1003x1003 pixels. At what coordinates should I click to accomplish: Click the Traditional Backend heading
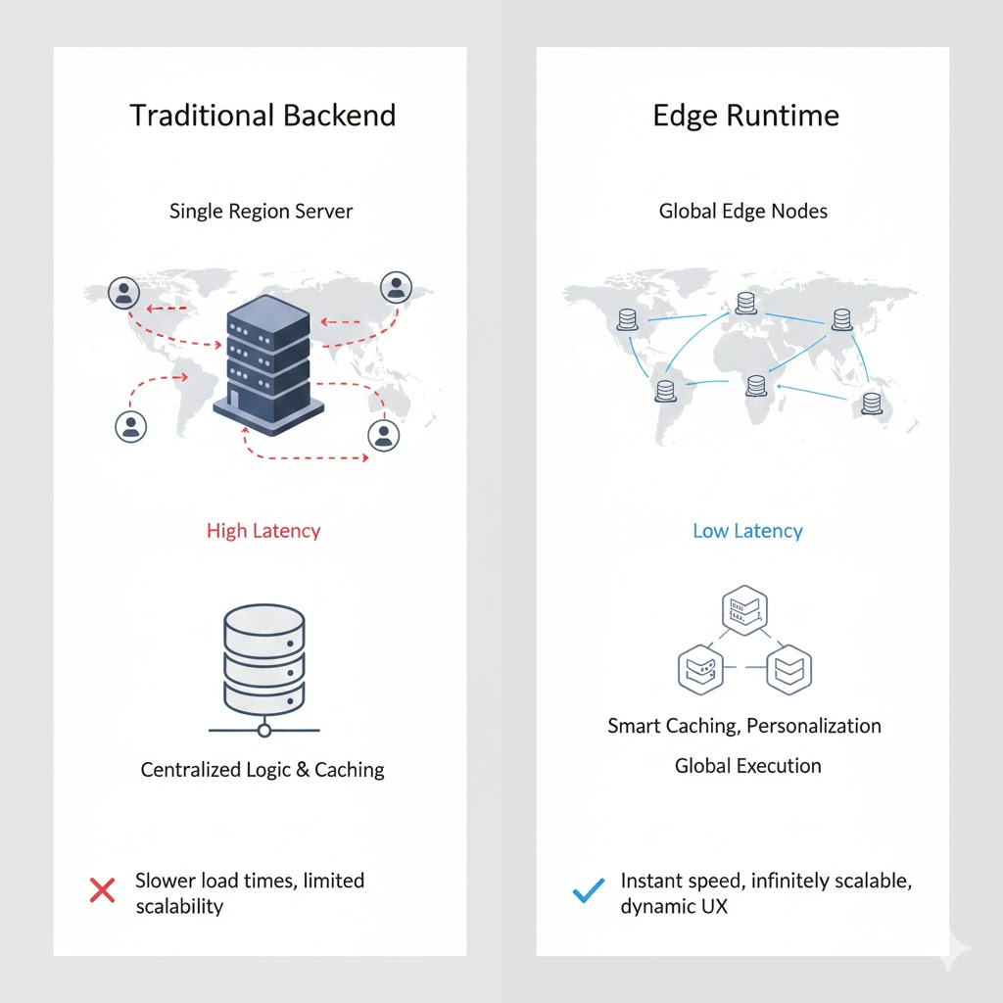pyautogui.click(x=263, y=116)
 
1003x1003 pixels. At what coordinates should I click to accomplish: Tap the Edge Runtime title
pyautogui.click(x=745, y=116)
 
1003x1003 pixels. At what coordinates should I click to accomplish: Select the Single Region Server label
pyautogui.click(x=261, y=212)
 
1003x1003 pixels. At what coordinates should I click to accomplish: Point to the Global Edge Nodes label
pyautogui.click(x=743, y=212)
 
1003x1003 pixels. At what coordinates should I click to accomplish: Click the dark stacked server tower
pyautogui.click(x=268, y=365)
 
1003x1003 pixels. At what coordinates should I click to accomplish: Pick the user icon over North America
pyautogui.click(x=123, y=293)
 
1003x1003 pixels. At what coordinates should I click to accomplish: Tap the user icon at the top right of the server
pyautogui.click(x=396, y=287)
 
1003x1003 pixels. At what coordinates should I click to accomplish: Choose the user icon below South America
pyautogui.click(x=131, y=427)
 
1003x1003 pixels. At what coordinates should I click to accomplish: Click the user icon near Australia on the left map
pyautogui.click(x=384, y=435)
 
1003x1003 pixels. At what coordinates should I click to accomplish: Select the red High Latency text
pyautogui.click(x=263, y=531)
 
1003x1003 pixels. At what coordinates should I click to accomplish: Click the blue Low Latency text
pyautogui.click(x=747, y=531)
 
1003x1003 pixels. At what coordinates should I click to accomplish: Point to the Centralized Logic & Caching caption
pyautogui.click(x=263, y=770)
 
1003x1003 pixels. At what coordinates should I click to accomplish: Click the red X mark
pyautogui.click(x=102, y=890)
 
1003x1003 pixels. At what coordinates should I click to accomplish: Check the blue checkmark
pyautogui.click(x=589, y=889)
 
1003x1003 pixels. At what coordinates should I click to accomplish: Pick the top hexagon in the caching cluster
pyautogui.click(x=744, y=610)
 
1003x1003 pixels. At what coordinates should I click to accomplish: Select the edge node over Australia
pyautogui.click(x=871, y=405)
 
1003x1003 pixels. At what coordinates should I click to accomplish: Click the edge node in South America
pyautogui.click(x=666, y=391)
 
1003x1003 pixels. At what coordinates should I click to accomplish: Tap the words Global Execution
pyautogui.click(x=747, y=766)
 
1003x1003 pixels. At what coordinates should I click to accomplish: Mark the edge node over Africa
pyautogui.click(x=756, y=386)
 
